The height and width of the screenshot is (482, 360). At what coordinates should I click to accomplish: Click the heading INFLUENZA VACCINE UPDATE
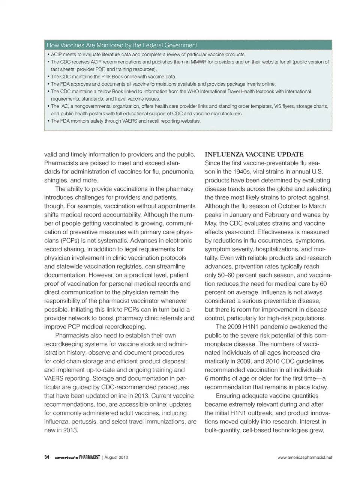click(254, 154)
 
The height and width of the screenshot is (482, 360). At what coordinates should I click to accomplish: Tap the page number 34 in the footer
click(47, 457)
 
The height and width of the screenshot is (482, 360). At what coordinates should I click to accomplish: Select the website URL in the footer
click(304, 457)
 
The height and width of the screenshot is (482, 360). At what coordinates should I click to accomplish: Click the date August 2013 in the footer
click(116, 457)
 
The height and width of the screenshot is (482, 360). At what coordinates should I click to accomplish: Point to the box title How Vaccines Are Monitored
click(122, 45)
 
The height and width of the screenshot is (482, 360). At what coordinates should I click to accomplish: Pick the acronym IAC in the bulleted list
click(64, 106)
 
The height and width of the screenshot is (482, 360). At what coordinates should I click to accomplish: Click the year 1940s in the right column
click(235, 172)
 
